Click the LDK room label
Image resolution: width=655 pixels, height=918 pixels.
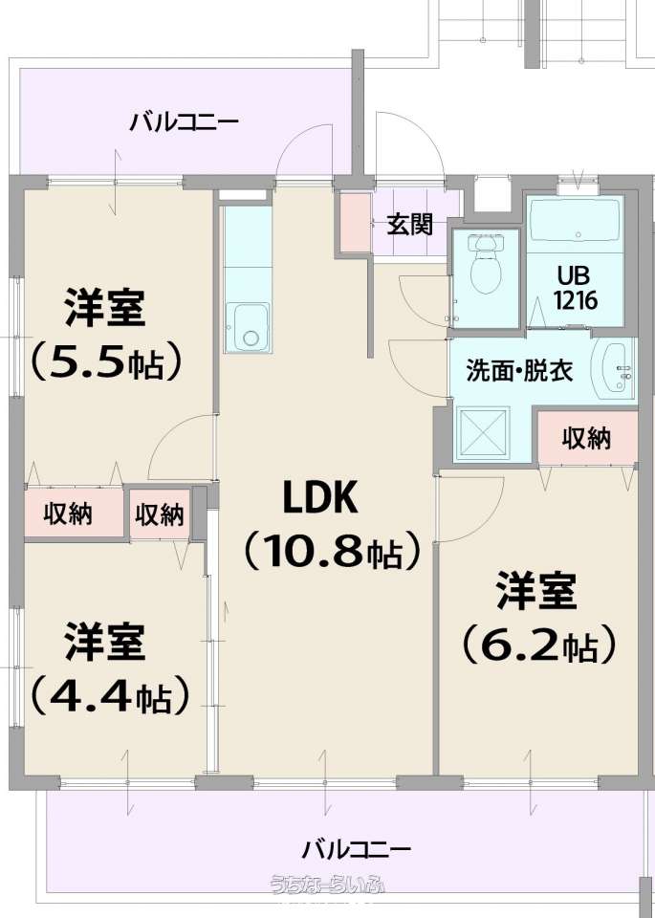point(319,497)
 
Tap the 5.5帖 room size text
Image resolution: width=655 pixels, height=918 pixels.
point(105,363)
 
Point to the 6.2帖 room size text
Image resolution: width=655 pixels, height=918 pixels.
point(538,645)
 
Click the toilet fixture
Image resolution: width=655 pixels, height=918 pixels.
point(485,264)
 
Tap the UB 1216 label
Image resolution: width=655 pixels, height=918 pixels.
point(575,288)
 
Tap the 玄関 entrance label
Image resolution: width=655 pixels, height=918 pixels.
point(410,224)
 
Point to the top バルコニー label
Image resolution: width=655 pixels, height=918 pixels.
point(184,123)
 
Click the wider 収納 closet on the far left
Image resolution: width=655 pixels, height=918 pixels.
point(74,513)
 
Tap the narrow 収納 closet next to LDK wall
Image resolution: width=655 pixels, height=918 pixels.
point(160,514)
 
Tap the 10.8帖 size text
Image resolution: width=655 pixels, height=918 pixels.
point(332,551)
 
